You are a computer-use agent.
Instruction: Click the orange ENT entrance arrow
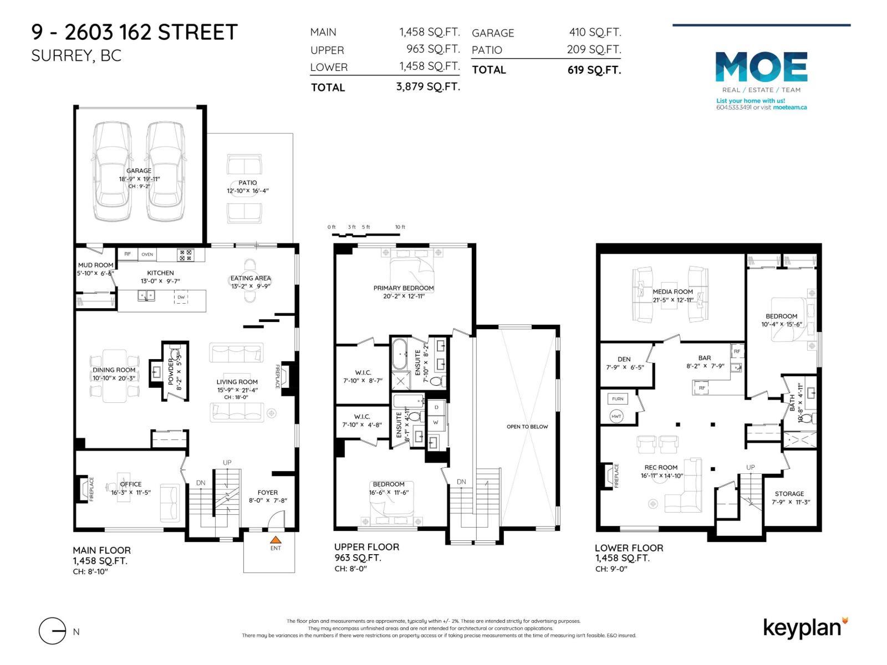[276, 539]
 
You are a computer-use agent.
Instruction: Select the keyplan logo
[804, 628]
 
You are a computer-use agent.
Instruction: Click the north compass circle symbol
[53, 631]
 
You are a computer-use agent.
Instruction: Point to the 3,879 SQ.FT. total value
[428, 86]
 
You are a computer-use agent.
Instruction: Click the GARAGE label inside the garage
[139, 171]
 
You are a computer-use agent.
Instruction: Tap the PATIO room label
[248, 182]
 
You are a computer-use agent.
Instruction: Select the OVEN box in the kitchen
[147, 254]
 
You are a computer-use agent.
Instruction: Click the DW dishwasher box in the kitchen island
[181, 298]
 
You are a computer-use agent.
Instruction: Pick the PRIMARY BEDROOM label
[403, 288]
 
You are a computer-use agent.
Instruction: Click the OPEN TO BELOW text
[527, 427]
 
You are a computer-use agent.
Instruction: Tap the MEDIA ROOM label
[672, 291]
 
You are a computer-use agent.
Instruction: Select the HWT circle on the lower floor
[616, 416]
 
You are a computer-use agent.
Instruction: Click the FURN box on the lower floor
[618, 399]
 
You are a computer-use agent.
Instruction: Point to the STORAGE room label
[789, 494]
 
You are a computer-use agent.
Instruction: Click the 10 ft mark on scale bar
[400, 227]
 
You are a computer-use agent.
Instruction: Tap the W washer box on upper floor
[436, 422]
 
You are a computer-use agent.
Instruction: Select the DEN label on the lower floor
[624, 359]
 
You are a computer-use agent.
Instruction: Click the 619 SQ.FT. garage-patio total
[594, 70]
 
